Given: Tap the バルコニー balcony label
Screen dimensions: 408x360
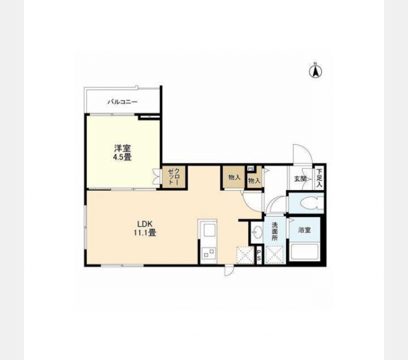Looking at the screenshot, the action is [x=122, y=102].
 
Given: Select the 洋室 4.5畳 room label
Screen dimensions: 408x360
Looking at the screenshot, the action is [x=122, y=153].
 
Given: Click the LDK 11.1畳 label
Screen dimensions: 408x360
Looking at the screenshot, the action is [x=145, y=228].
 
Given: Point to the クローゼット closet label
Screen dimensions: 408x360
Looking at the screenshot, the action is [x=173, y=176].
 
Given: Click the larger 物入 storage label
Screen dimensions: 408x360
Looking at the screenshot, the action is [x=234, y=178].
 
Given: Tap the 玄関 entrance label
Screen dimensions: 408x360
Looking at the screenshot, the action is [x=300, y=179].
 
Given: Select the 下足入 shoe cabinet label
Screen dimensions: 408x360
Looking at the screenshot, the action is [x=320, y=178].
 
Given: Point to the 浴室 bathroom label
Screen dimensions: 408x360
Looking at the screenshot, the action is [x=304, y=230].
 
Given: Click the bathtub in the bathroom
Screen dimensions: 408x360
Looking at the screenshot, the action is [x=305, y=252].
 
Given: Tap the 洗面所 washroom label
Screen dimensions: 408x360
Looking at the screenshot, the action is [x=275, y=231].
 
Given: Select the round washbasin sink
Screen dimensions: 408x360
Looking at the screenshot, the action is [x=257, y=231].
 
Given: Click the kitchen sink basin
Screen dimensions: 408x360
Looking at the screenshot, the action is [x=209, y=230].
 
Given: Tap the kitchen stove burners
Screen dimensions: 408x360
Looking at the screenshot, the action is [x=209, y=253].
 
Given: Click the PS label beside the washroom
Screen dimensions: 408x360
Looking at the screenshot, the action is [x=259, y=256].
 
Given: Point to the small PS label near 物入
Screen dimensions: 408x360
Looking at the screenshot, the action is [x=251, y=169].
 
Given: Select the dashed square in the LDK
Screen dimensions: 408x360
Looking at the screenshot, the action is [x=245, y=255].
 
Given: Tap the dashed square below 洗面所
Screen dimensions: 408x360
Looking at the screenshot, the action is [x=275, y=254].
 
